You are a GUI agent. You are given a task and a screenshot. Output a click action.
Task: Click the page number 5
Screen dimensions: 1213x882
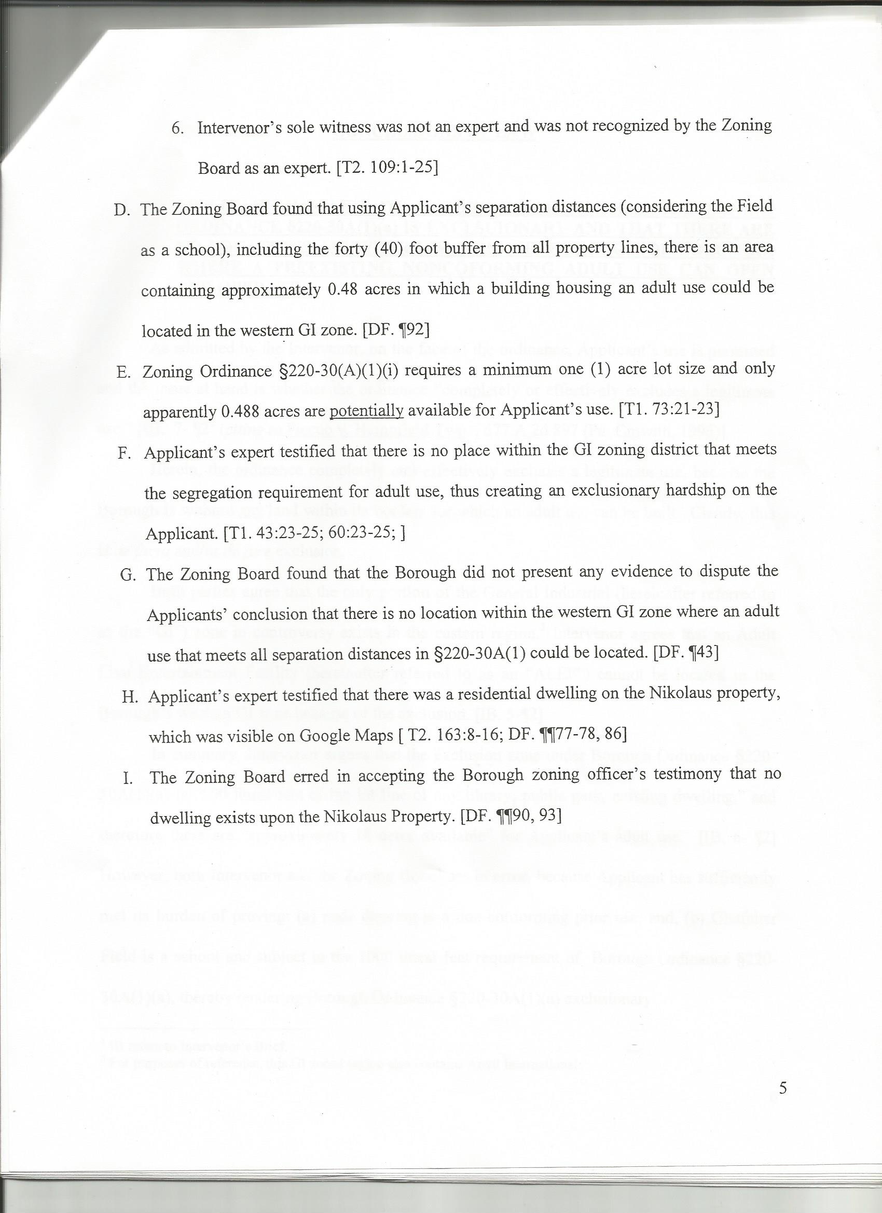[782, 1070]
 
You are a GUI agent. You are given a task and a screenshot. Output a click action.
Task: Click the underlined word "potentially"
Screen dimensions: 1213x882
[366, 411]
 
